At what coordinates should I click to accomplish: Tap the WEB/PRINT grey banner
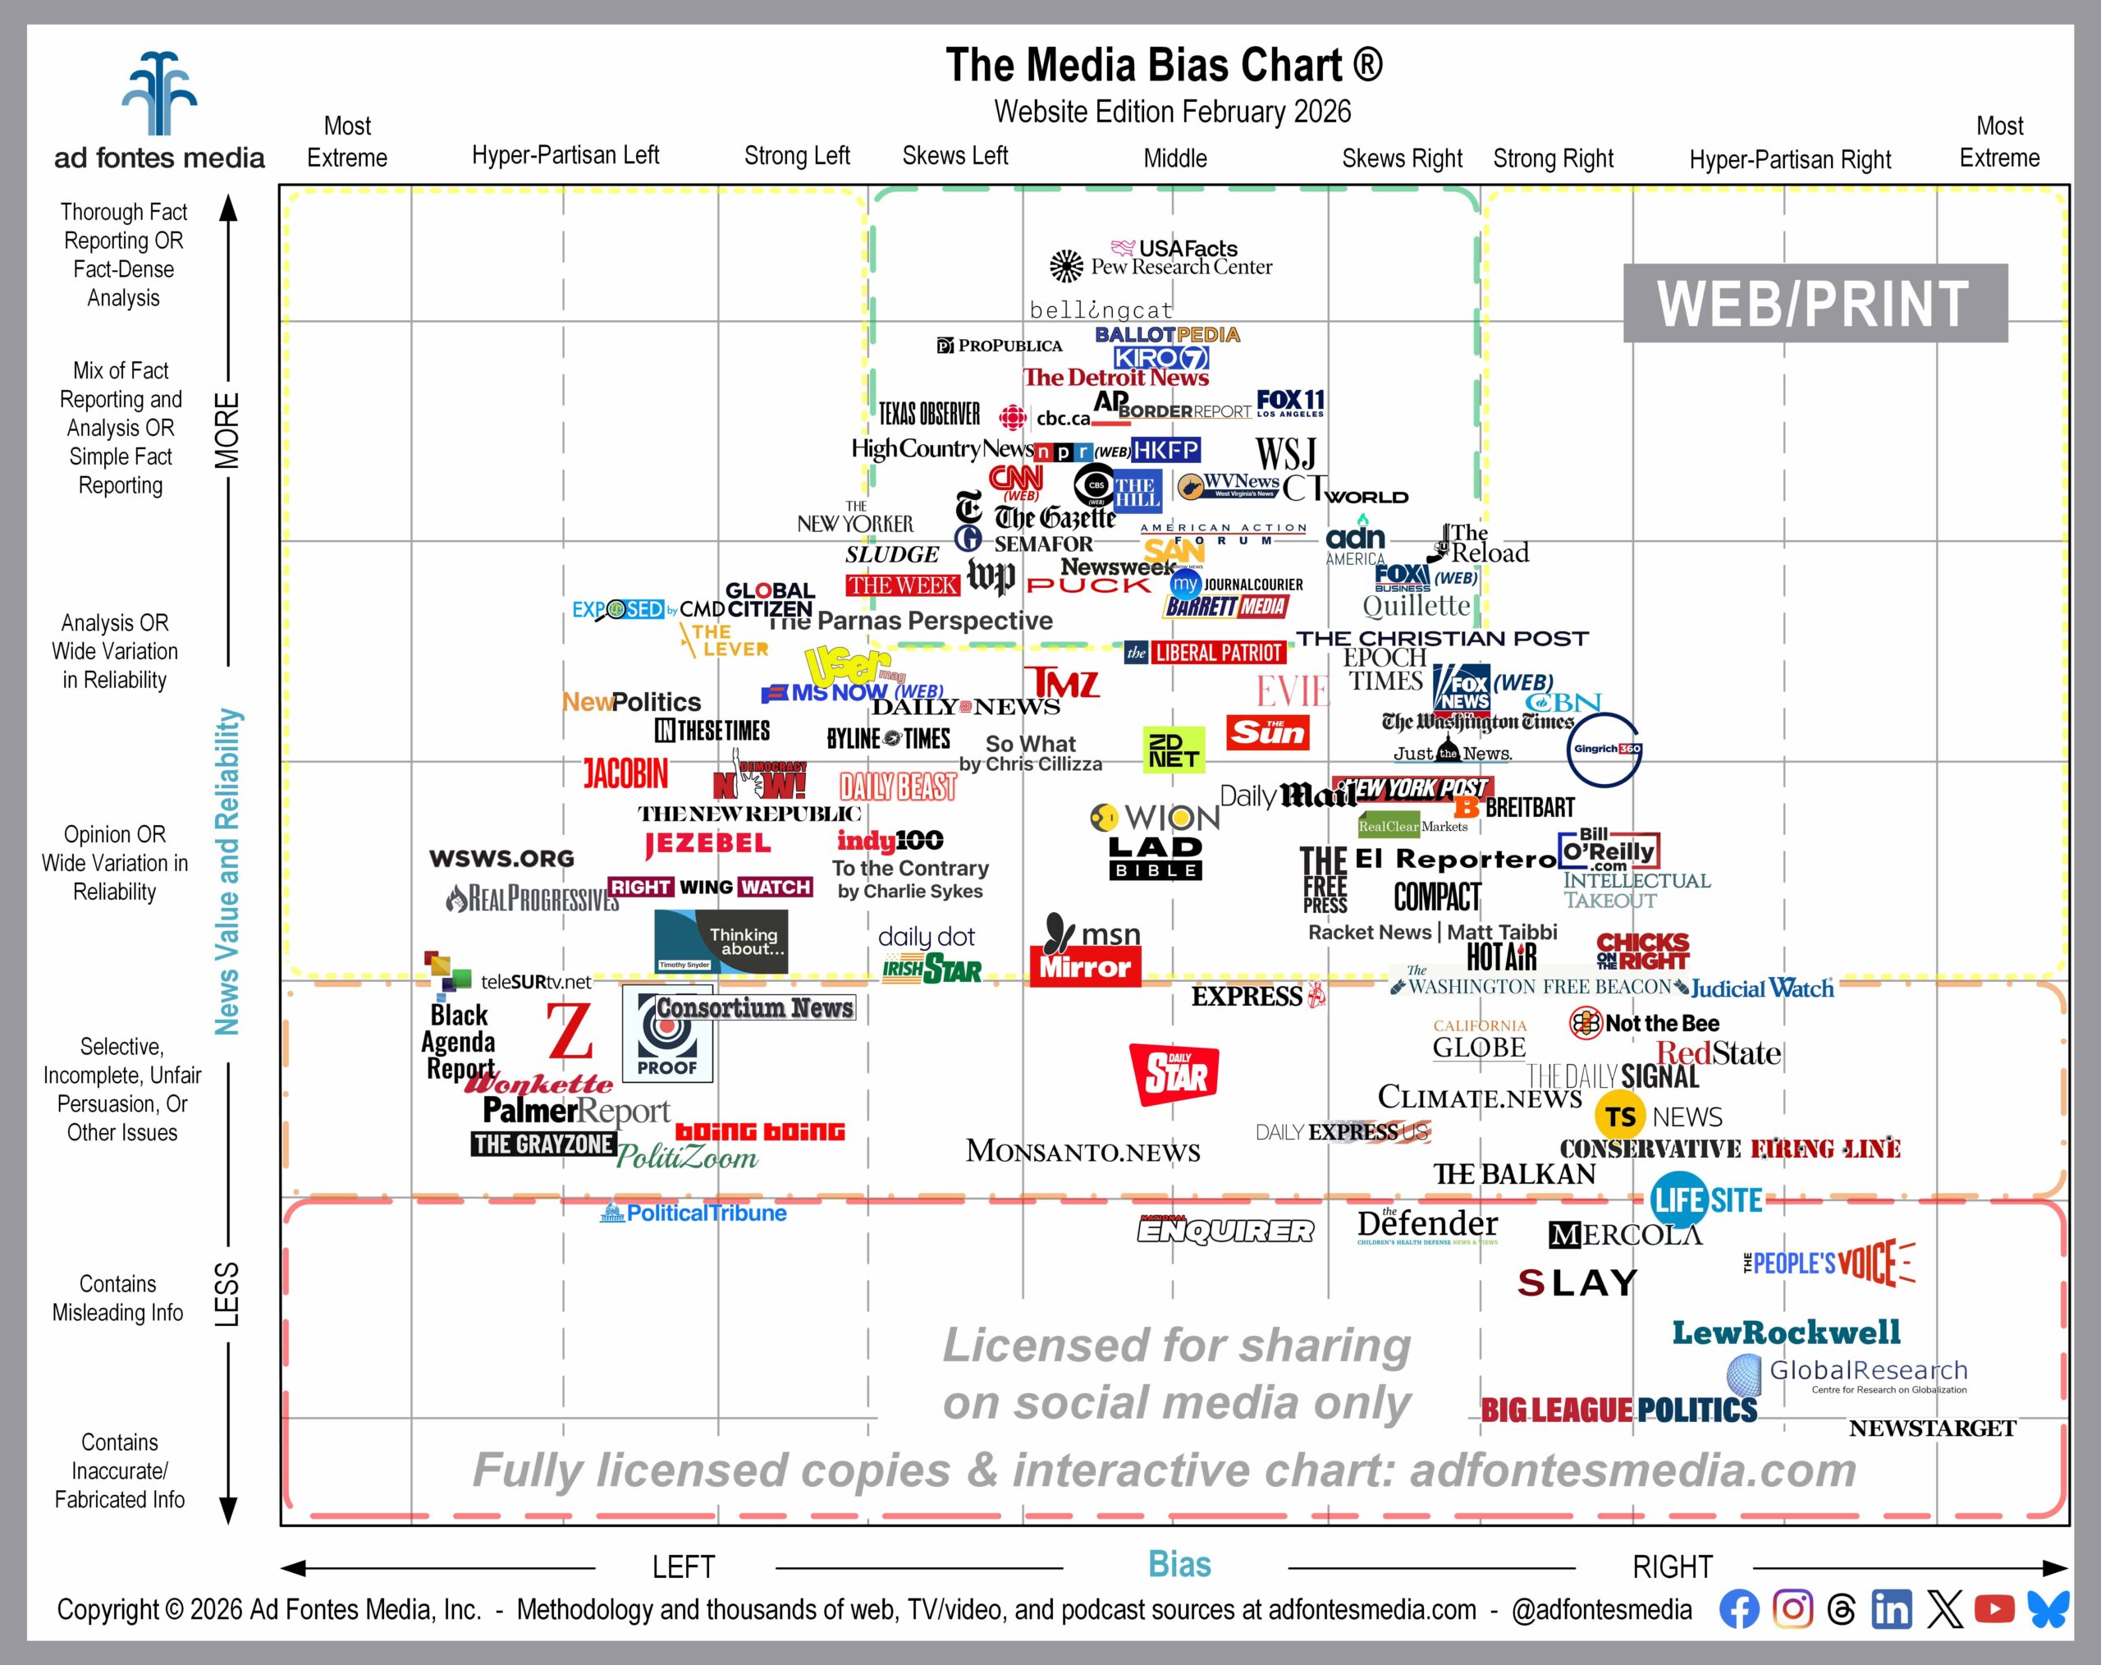coord(1815,303)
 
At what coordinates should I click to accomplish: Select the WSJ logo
coord(1285,453)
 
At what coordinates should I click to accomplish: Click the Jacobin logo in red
coord(625,774)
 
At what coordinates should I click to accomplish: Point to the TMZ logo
coord(1061,683)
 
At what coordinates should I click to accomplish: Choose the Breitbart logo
coord(1515,807)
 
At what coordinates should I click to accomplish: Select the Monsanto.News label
coord(1083,1151)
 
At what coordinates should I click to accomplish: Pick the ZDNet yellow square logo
coord(1174,749)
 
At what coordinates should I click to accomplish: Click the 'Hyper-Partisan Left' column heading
coord(565,156)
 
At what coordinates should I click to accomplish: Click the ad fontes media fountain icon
coord(159,94)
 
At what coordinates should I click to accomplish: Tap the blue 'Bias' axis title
coord(1179,1565)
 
